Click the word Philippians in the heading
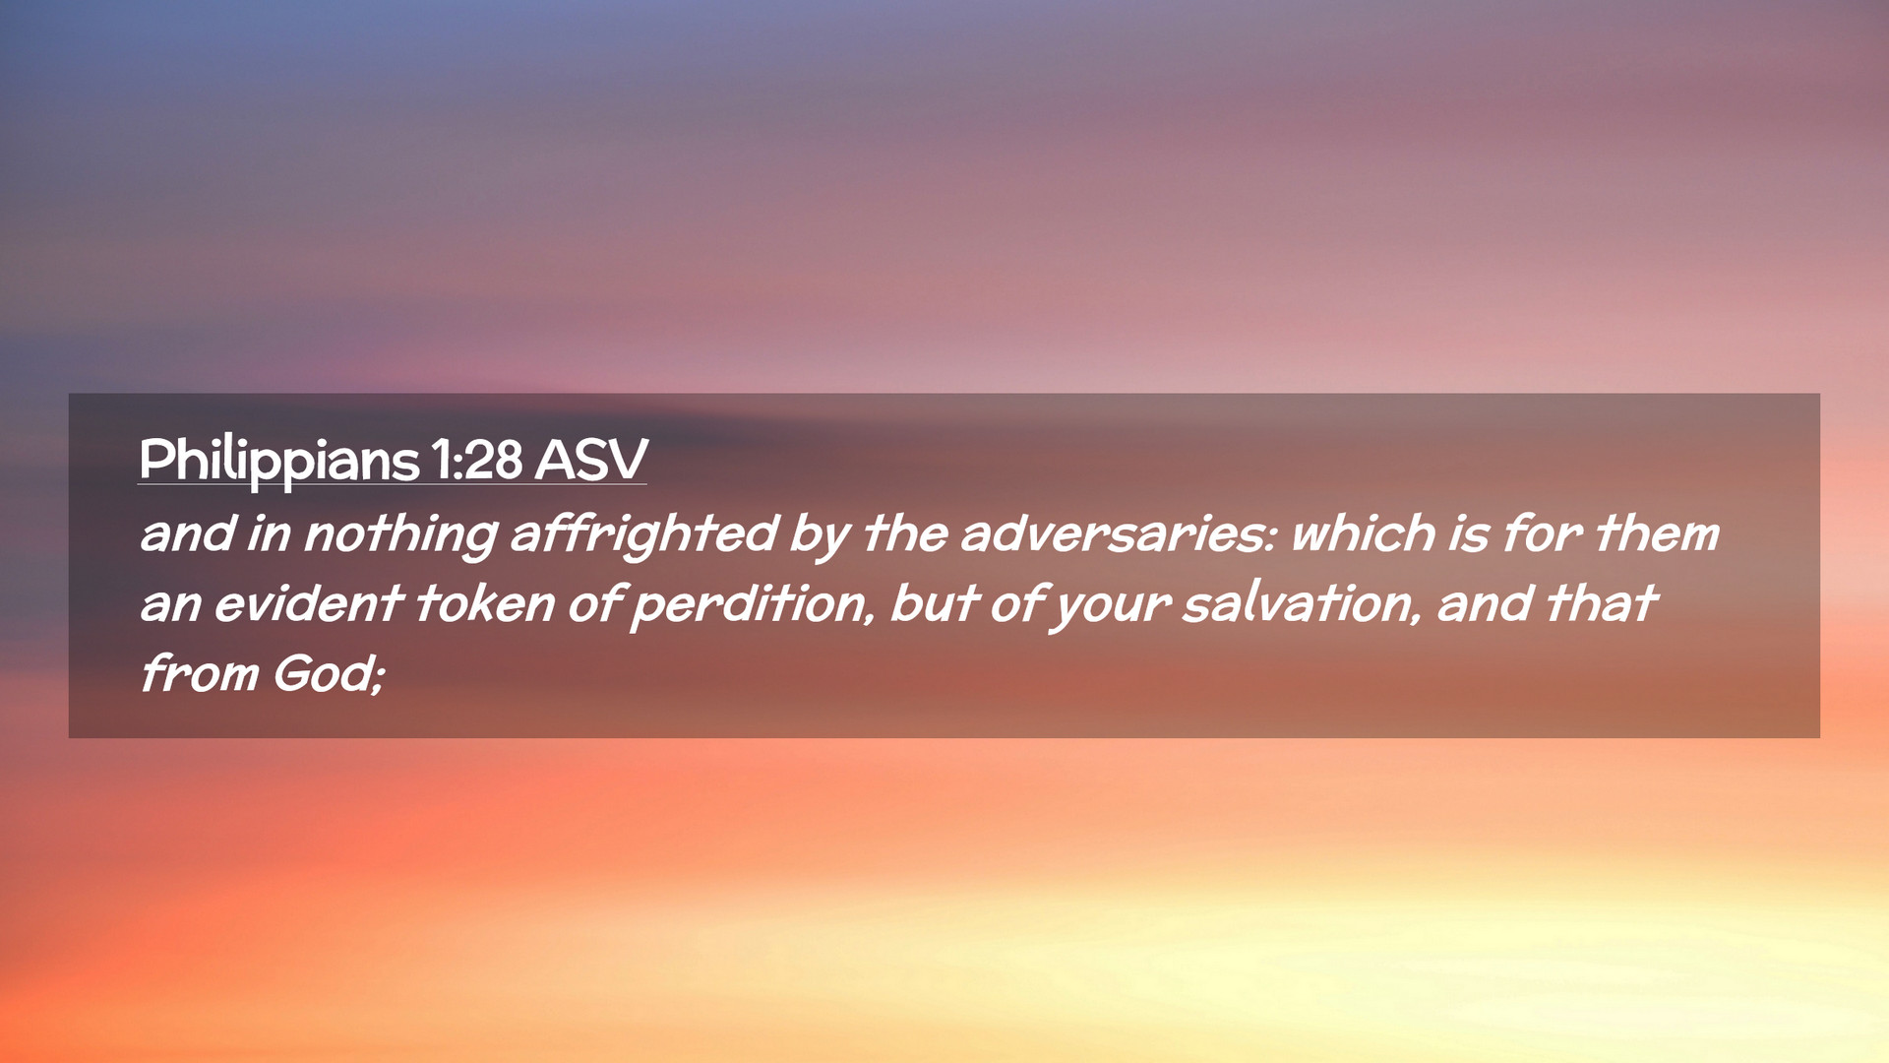(x=279, y=461)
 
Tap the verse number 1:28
(x=476, y=460)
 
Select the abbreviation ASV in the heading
(x=591, y=460)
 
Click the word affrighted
(x=644, y=534)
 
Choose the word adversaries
(x=1118, y=534)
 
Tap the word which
(x=1364, y=534)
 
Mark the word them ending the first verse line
(x=1657, y=534)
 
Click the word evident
(x=309, y=604)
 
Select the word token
(x=485, y=604)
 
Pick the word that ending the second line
(x=1602, y=604)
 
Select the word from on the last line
(x=199, y=674)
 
